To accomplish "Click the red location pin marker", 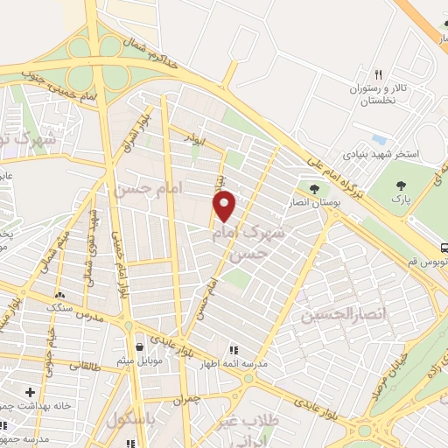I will tap(225, 206).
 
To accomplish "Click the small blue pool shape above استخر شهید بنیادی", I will tap(379, 139).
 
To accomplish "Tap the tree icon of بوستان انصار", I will tap(313, 187).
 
